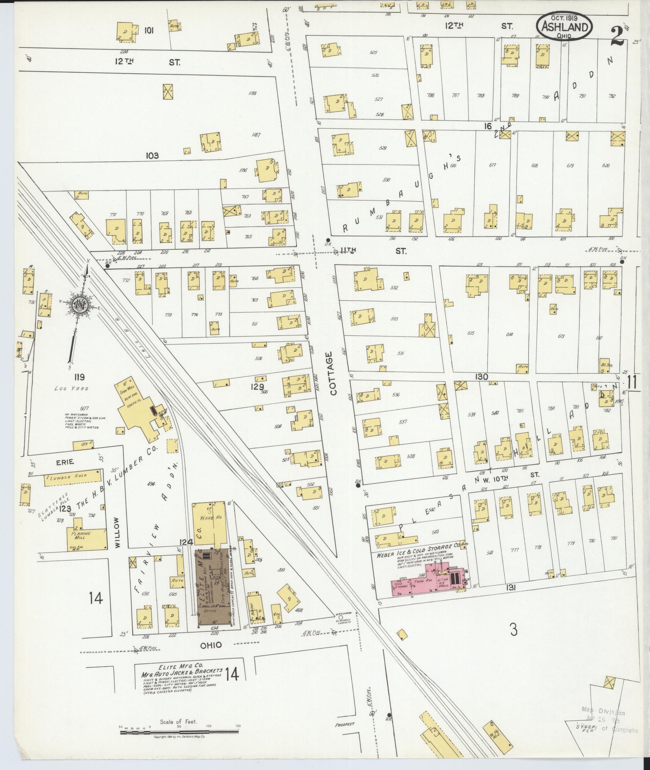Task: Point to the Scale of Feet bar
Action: click(179, 733)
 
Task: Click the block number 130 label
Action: click(481, 376)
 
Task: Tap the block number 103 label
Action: click(152, 155)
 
